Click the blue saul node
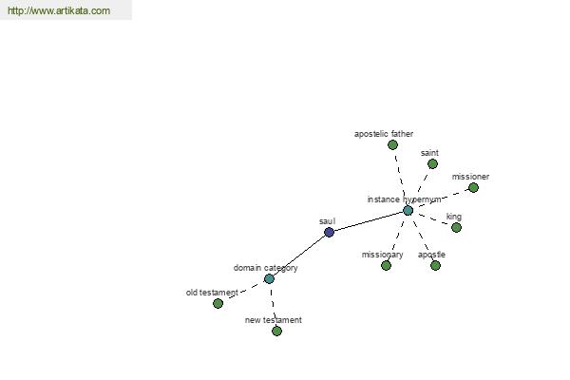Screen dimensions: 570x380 pyautogui.click(x=329, y=232)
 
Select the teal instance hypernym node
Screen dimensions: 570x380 pyautogui.click(x=408, y=211)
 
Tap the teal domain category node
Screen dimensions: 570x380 pyautogui.click(x=269, y=279)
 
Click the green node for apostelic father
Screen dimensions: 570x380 pyautogui.click(x=392, y=145)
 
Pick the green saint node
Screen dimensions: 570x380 pyautogui.click(x=432, y=164)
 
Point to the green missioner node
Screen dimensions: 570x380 pyautogui.click(x=473, y=188)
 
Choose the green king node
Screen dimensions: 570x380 pyautogui.click(x=456, y=228)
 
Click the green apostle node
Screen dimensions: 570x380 pyautogui.click(x=435, y=265)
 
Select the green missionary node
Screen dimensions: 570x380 pyautogui.click(x=386, y=265)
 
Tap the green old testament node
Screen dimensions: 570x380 pyautogui.click(x=218, y=303)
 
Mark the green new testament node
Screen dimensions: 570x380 pyautogui.click(x=277, y=331)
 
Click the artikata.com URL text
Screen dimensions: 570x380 pyautogui.click(x=59, y=10)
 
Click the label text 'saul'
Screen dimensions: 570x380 pyautogui.click(x=327, y=221)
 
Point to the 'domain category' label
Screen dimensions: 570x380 pyautogui.click(x=266, y=268)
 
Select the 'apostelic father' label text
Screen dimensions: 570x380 pyautogui.click(x=384, y=134)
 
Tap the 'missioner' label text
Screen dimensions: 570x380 pyautogui.click(x=471, y=177)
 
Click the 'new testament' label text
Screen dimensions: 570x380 pyautogui.click(x=274, y=320)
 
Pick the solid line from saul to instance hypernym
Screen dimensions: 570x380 pyautogui.click(x=369, y=221)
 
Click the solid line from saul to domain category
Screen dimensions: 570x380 pyautogui.click(x=299, y=256)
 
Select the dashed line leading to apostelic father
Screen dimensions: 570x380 pyautogui.click(x=401, y=178)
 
